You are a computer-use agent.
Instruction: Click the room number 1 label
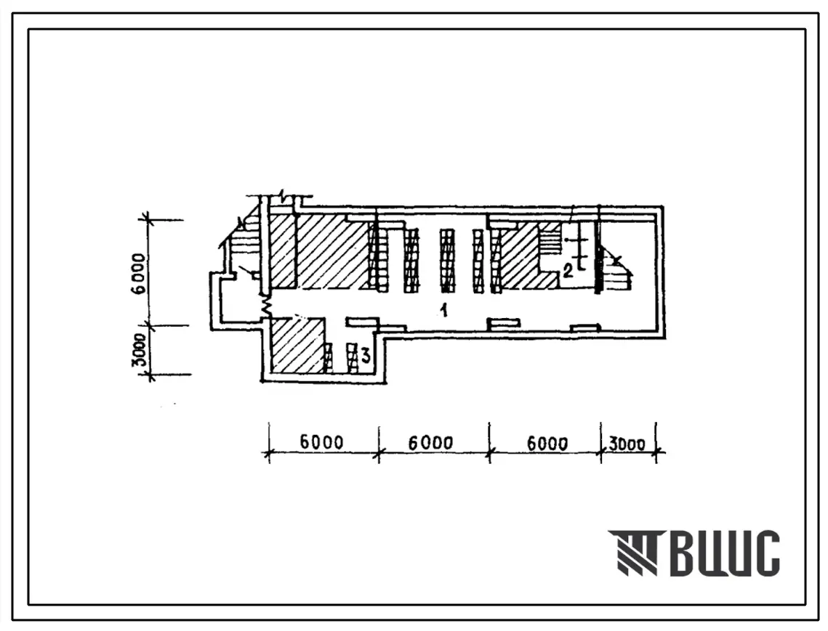point(445,310)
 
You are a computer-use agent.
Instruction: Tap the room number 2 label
point(568,270)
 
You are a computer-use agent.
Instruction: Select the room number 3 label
point(365,356)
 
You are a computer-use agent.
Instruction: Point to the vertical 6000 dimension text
point(139,274)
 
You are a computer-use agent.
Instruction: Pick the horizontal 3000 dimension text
point(627,444)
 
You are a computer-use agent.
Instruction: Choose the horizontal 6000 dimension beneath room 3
point(321,441)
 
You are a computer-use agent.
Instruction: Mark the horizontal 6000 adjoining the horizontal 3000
point(547,444)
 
